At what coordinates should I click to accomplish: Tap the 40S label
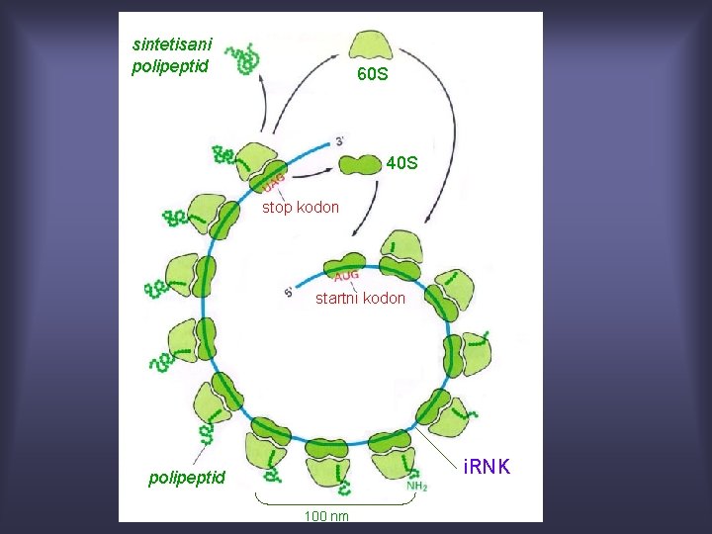(402, 161)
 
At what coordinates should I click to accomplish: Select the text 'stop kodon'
(300, 208)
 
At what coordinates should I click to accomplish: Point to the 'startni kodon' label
(360, 298)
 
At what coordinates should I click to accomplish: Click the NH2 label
(416, 486)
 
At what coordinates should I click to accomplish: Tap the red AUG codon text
(345, 276)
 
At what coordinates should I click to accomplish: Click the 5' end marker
(289, 291)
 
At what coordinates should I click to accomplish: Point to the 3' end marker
(341, 141)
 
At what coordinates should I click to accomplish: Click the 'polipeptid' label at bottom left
(187, 479)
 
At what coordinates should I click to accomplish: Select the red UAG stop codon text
(274, 181)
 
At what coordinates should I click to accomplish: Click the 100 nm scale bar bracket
(332, 502)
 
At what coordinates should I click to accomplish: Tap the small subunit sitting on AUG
(340, 262)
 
